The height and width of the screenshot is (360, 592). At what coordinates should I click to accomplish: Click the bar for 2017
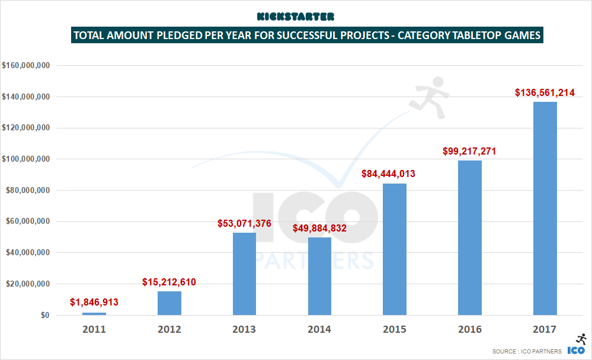point(545,208)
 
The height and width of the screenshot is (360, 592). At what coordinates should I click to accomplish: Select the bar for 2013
point(244,274)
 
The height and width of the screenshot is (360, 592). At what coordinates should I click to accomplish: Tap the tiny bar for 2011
point(94,313)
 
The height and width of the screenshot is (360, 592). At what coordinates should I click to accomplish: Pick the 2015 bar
point(395,249)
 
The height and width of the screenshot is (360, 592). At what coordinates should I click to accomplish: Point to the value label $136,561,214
point(545,92)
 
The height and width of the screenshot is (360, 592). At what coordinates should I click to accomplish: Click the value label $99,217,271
point(469,151)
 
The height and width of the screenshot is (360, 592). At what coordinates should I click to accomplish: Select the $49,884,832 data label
point(319,228)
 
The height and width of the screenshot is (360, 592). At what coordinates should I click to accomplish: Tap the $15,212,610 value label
point(169,282)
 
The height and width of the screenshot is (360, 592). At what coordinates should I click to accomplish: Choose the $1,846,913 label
point(94,303)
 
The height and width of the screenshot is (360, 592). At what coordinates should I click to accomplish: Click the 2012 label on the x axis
point(169,329)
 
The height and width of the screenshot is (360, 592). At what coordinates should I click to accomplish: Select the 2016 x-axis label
point(469,329)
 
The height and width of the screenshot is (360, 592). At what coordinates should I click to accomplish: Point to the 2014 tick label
point(319,329)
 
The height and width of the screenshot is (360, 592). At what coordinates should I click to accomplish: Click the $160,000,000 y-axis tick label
point(26,65)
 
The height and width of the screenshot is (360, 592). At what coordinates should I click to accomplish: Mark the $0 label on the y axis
point(44,316)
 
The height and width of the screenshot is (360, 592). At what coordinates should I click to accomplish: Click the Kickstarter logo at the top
point(296,17)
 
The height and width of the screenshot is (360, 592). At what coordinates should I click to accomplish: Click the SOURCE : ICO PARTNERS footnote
point(526,352)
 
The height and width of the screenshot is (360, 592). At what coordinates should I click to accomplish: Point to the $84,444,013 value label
point(395,174)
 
